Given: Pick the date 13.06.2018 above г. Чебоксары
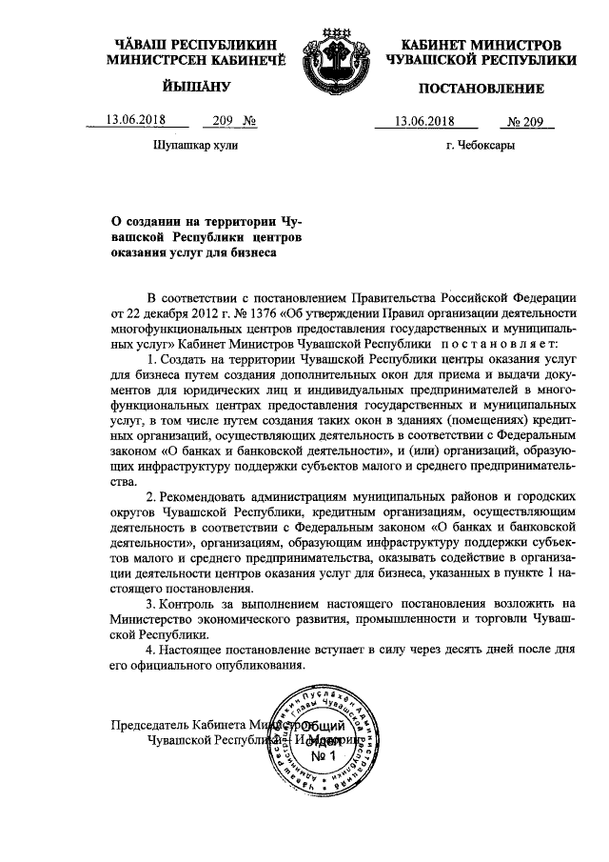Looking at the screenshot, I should [x=424, y=121].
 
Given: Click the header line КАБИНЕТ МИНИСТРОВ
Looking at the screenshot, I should [x=481, y=45].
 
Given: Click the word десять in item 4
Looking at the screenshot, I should [x=447, y=650].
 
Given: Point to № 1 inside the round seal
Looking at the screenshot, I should [x=326, y=755].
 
